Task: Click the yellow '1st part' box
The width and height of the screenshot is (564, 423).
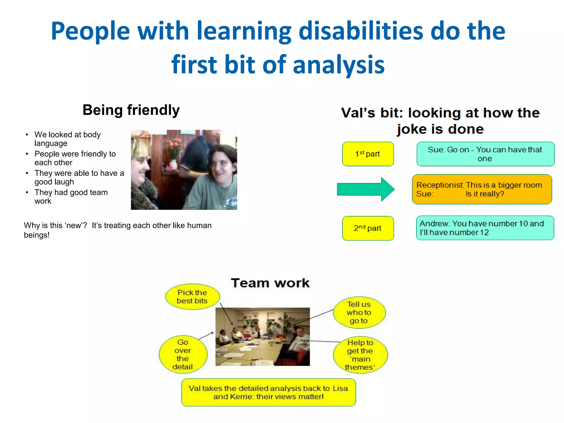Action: [368, 154]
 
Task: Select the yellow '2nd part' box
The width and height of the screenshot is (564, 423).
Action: [368, 228]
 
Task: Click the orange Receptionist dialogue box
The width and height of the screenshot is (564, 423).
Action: [482, 189]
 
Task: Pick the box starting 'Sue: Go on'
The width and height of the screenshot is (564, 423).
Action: [485, 154]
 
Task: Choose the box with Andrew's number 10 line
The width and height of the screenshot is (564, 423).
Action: [485, 228]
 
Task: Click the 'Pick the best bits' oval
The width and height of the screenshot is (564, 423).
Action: [192, 297]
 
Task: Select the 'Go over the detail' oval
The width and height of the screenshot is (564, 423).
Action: [183, 354]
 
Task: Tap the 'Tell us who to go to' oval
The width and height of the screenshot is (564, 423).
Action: [359, 313]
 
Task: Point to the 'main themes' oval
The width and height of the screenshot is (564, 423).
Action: [360, 355]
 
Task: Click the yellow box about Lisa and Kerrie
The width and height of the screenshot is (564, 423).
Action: [269, 392]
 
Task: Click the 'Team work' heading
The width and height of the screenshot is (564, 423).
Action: [270, 283]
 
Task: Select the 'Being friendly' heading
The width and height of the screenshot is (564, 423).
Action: [131, 110]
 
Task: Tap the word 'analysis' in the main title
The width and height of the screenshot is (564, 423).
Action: [338, 65]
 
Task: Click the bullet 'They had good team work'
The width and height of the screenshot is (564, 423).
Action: [71, 196]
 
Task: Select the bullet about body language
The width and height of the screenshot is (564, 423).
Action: [67, 139]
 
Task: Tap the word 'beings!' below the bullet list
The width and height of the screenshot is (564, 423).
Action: [37, 235]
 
